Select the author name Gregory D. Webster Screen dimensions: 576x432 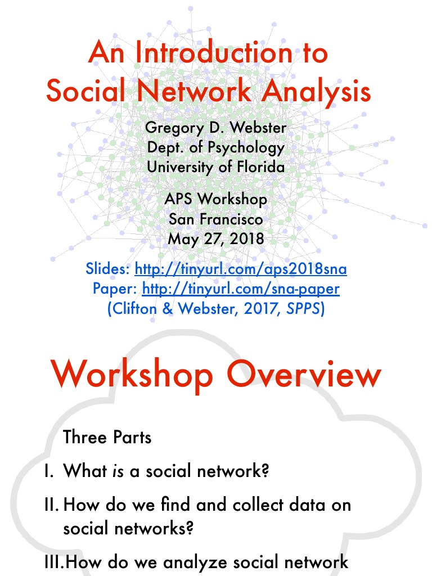[x=216, y=128]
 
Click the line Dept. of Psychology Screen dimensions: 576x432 [x=216, y=147]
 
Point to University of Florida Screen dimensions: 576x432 [x=216, y=167]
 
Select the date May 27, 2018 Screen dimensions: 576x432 [x=216, y=238]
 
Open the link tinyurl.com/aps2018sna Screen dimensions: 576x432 [x=240, y=269]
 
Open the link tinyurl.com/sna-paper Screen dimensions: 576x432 [x=241, y=289]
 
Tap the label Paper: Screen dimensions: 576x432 [x=115, y=289]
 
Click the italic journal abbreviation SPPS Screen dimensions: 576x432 [x=304, y=309]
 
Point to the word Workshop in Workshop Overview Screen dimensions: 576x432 [x=132, y=374]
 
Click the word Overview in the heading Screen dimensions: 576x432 [x=305, y=374]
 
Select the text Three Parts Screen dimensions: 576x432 [x=107, y=437]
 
